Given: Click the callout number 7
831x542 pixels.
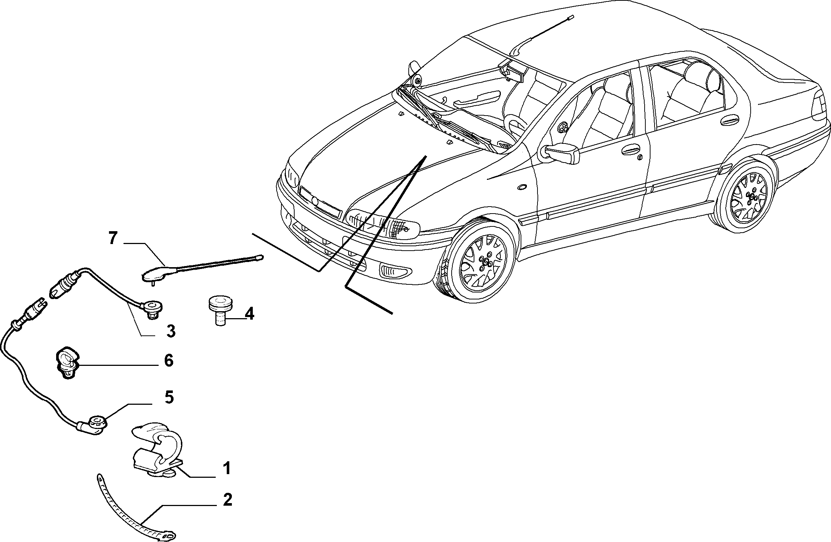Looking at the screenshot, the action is [x=113, y=238].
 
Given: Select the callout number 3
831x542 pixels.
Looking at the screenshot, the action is [x=171, y=331].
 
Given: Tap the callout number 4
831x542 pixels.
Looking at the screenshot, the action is [x=249, y=314].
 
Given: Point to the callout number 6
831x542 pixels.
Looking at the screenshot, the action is [x=168, y=361].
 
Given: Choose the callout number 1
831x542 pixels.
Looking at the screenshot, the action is [x=227, y=469].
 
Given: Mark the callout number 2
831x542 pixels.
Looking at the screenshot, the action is [x=227, y=499].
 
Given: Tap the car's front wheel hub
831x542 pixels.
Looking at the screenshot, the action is [x=487, y=262].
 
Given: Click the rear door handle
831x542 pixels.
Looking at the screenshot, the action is [x=729, y=121].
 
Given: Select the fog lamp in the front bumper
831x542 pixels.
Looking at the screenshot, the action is [x=394, y=272].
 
